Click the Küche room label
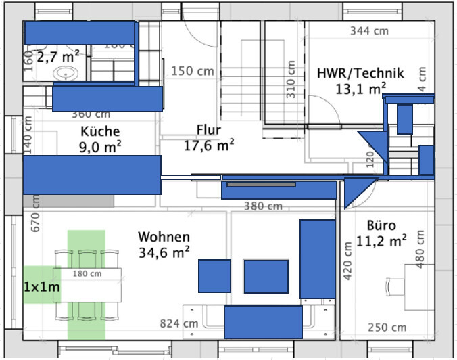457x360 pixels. [100, 131]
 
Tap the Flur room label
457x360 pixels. [209, 130]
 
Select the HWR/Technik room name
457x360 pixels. [360, 73]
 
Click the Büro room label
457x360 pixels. [381, 225]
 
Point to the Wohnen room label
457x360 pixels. [164, 237]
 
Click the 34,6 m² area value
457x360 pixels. [164, 252]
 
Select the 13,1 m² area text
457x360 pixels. [360, 88]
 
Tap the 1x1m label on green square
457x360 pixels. [42, 287]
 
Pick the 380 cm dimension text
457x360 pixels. [263, 206]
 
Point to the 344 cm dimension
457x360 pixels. [369, 31]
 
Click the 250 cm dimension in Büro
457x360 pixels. [387, 328]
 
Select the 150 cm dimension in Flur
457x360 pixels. [192, 70]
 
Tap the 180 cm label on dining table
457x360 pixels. [86, 274]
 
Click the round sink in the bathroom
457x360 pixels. [67, 74]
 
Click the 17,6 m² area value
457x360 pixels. [209, 144]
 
